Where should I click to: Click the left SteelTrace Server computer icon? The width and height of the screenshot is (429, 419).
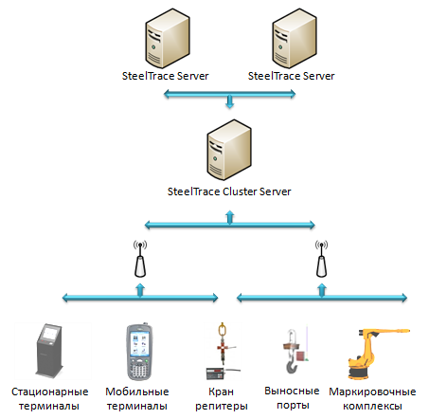coord(168,38)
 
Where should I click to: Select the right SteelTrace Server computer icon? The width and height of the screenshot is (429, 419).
coord(295,38)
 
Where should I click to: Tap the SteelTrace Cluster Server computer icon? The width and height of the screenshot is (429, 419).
coord(229,150)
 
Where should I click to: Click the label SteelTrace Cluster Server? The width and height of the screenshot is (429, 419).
coord(229,191)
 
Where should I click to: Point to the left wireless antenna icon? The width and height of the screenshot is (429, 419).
coord(140,259)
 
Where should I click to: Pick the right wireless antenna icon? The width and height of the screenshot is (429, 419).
coord(321,259)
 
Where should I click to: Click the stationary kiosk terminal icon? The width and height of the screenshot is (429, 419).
coord(49,350)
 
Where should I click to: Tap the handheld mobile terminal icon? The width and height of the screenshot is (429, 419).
coord(139,352)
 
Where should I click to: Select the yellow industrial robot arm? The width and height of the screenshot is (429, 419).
coord(378,354)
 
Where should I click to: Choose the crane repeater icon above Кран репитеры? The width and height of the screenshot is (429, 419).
coord(223,351)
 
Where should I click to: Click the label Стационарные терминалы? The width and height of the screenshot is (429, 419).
coord(49,398)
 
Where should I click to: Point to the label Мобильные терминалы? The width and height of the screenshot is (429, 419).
coord(137,398)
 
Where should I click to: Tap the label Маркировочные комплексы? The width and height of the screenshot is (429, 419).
coord(372,398)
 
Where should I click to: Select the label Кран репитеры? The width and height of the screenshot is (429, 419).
coord(222,399)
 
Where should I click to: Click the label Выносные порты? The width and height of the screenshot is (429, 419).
coord(292,398)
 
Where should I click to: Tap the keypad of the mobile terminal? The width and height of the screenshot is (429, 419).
coord(139,370)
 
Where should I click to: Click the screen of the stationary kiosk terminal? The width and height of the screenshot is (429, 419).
coord(51,334)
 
